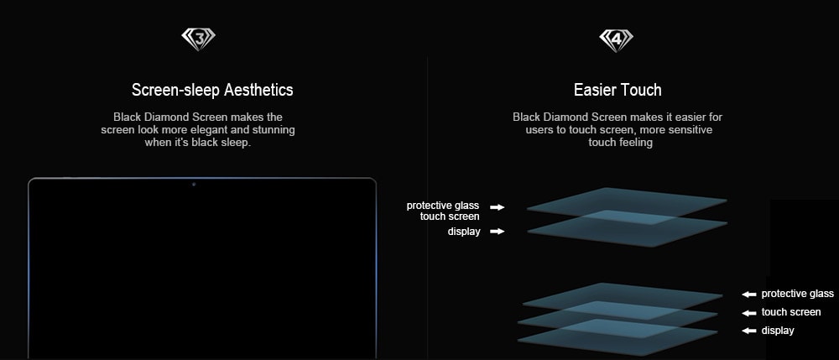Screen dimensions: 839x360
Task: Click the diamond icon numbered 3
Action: (x=199, y=39)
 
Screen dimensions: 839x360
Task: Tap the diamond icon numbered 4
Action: (x=616, y=40)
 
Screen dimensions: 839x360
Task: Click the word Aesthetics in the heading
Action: (x=258, y=90)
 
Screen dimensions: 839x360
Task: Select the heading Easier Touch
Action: (x=618, y=90)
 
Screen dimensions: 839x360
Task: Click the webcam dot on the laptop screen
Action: (x=194, y=185)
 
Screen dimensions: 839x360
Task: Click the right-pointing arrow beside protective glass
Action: (x=498, y=207)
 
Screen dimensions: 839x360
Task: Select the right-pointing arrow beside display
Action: (x=498, y=232)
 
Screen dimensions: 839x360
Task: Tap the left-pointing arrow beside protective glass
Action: (x=748, y=295)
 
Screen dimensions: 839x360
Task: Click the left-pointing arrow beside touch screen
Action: (x=748, y=313)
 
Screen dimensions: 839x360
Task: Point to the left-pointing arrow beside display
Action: (x=748, y=331)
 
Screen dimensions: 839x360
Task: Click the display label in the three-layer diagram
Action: (x=778, y=331)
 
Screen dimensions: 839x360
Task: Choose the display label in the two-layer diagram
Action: (x=464, y=232)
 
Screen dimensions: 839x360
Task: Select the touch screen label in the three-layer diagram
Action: (x=791, y=312)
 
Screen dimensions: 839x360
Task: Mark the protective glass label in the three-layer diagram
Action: (x=797, y=294)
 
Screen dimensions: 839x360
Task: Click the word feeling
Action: (x=635, y=143)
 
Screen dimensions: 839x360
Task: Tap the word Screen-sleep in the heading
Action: (x=175, y=90)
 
